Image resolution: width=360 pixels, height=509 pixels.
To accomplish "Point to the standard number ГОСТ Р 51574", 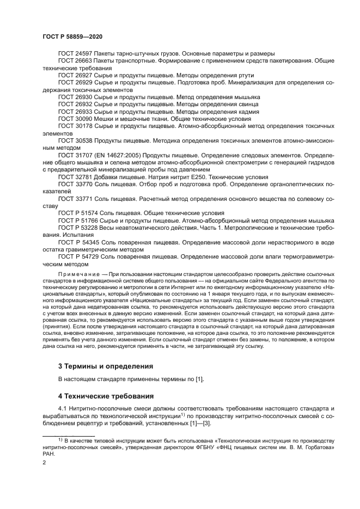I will (78, 212).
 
